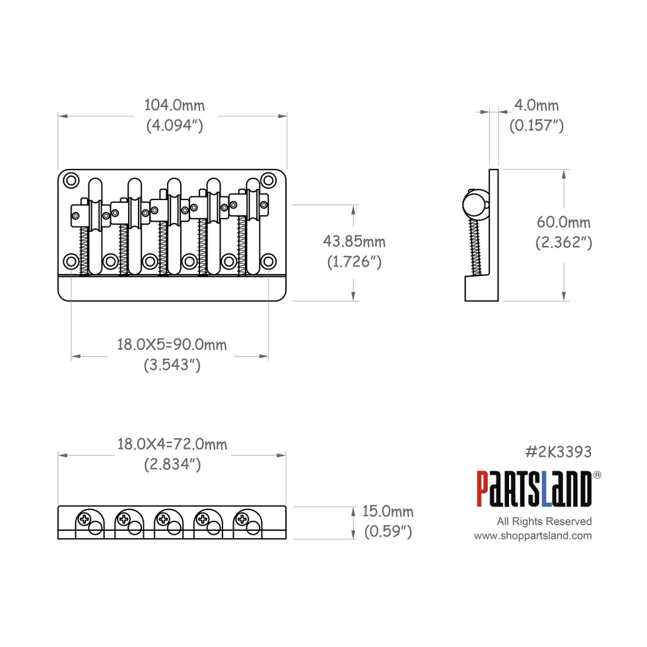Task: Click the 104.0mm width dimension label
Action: click(x=174, y=105)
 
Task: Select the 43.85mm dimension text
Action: click(x=354, y=242)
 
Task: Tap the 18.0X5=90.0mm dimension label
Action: click(x=172, y=344)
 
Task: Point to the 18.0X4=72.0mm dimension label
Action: click(x=172, y=444)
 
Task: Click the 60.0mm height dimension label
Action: click(x=563, y=223)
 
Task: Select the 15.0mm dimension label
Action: click(x=388, y=512)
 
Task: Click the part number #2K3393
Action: click(x=558, y=452)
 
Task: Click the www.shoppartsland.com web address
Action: click(x=533, y=536)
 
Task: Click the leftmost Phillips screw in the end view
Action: click(x=85, y=519)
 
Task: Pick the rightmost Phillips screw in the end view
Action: click(x=243, y=519)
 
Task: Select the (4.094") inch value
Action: click(x=174, y=125)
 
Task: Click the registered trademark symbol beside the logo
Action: click(x=597, y=474)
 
